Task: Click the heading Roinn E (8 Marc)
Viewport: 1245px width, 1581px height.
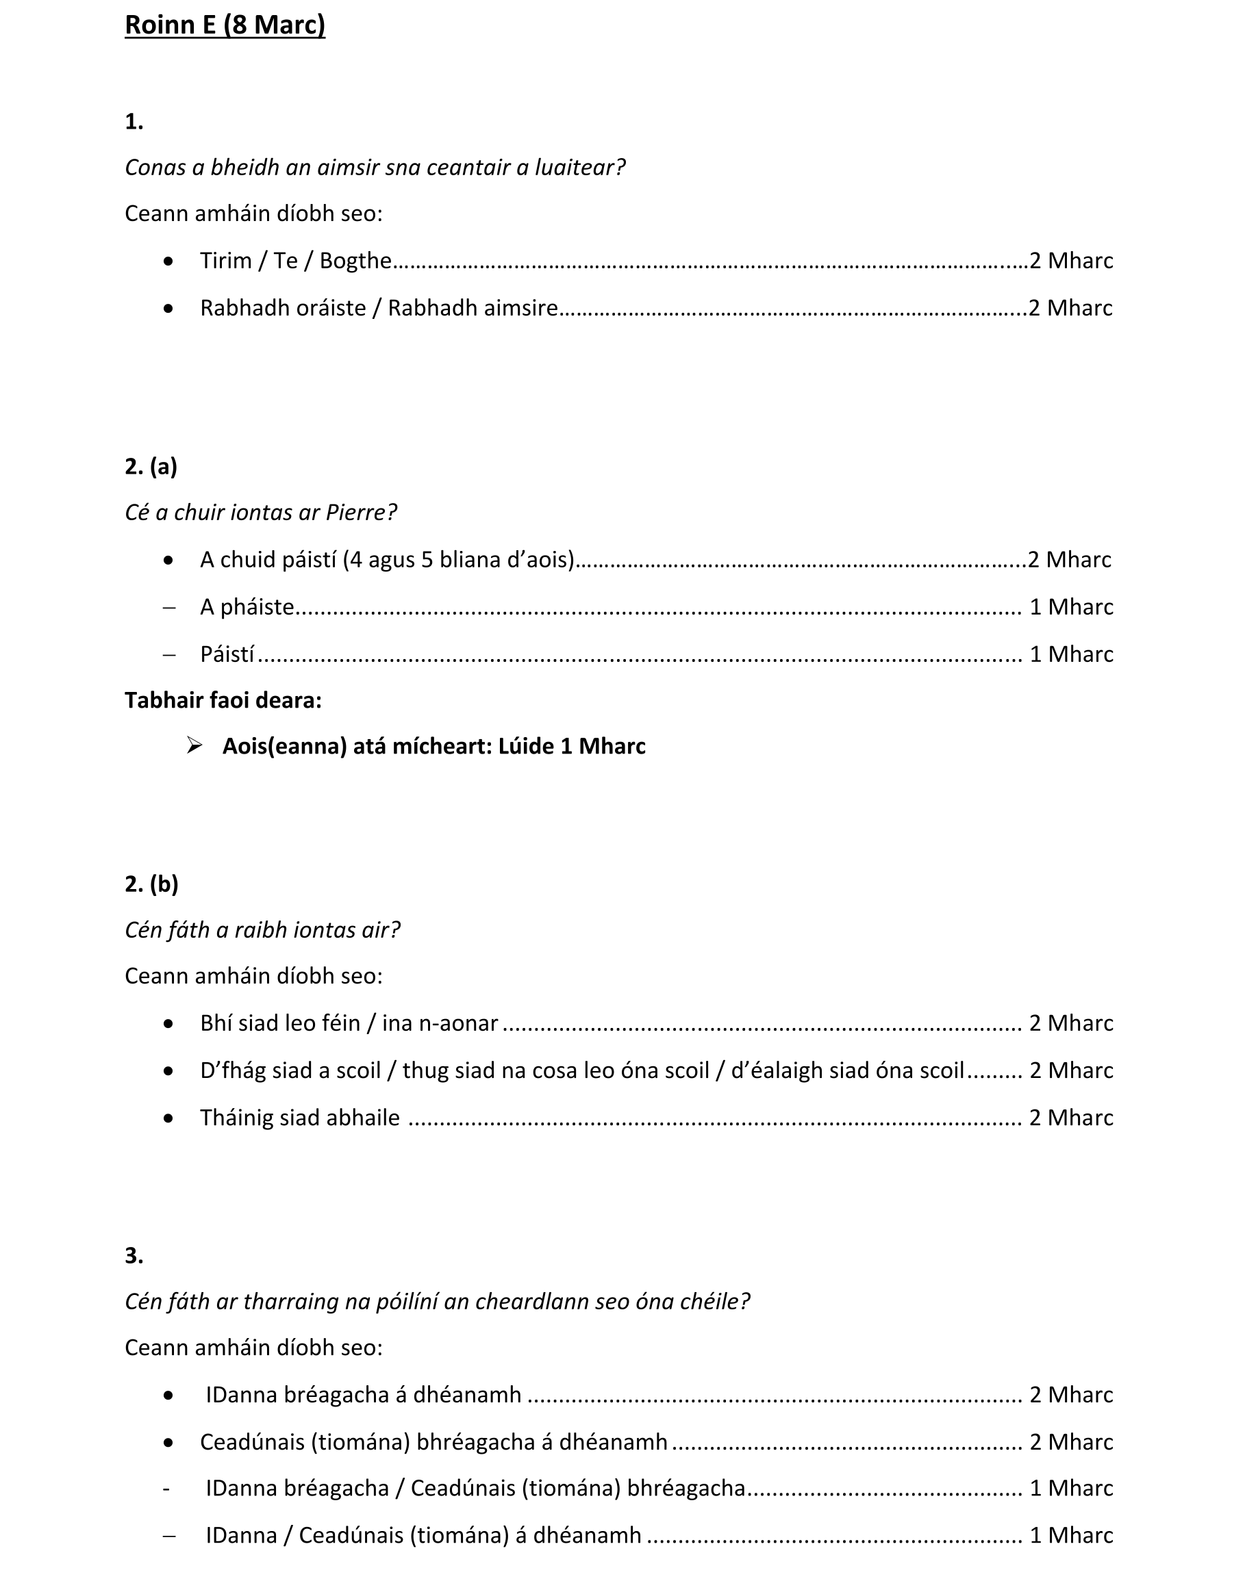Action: coord(225,25)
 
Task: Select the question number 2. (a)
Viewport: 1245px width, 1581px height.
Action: coord(151,466)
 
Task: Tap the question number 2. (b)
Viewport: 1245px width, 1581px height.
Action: coord(151,884)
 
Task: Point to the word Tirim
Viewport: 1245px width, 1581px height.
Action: coord(225,261)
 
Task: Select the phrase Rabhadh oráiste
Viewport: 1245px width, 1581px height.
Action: coord(283,308)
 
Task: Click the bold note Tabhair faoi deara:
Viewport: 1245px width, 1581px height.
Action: coord(223,700)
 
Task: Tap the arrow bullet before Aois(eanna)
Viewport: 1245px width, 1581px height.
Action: coord(194,745)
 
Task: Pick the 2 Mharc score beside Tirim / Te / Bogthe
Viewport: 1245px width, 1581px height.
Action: coord(1071,261)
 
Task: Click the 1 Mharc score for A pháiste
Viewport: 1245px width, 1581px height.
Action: coord(1071,607)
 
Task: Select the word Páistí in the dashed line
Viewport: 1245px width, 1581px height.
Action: coord(227,654)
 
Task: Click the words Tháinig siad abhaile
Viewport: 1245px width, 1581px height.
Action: coord(299,1118)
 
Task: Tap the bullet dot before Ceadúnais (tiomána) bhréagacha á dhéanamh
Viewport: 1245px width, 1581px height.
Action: coord(168,1442)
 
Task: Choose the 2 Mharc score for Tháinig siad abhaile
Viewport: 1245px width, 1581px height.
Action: coord(1071,1118)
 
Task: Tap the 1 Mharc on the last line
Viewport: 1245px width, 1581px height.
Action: coord(1071,1536)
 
